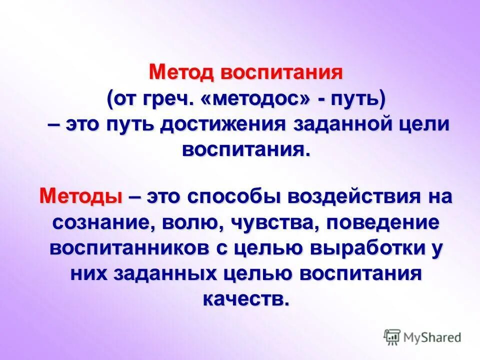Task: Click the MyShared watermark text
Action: point(432,337)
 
